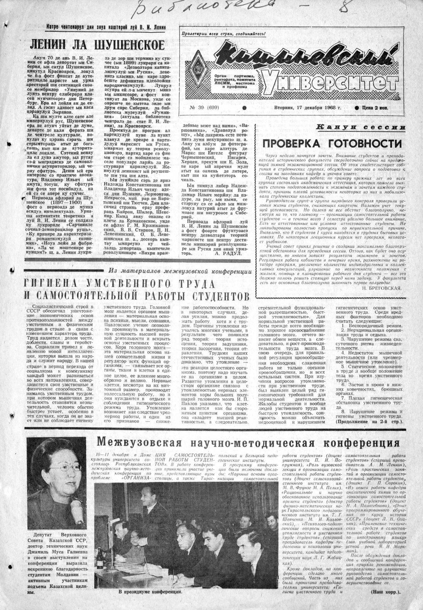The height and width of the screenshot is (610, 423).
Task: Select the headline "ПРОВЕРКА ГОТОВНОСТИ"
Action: pyautogui.click(x=332, y=143)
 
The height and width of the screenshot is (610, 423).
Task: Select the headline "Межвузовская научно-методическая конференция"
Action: pyautogui.click(x=248, y=441)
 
